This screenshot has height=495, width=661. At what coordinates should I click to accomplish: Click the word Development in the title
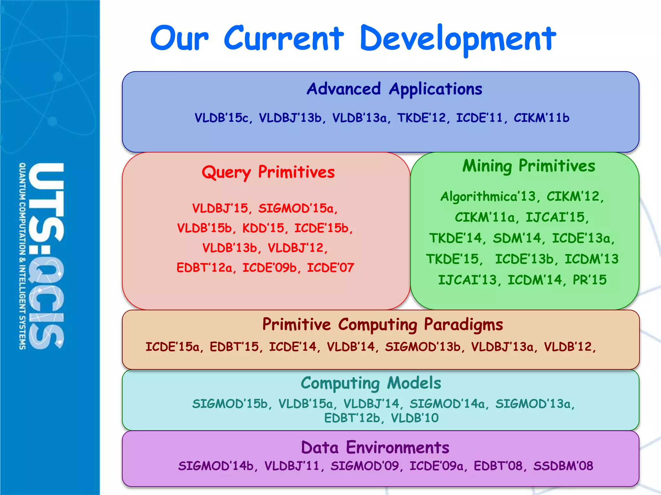[x=458, y=39]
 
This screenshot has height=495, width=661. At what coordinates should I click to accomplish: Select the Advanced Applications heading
[x=394, y=89]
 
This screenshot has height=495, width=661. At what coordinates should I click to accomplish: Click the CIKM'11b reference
[x=541, y=118]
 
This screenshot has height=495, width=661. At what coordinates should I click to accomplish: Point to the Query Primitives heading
[x=268, y=172]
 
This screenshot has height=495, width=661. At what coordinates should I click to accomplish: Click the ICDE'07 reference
[x=330, y=268]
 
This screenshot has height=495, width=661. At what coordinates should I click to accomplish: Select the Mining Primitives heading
[x=528, y=166]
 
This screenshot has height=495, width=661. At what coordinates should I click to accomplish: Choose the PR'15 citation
[x=589, y=280]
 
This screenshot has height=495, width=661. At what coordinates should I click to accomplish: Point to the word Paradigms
[x=463, y=325]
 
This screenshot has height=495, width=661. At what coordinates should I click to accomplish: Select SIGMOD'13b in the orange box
[x=423, y=347]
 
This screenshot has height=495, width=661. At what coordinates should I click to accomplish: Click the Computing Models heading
[x=371, y=383]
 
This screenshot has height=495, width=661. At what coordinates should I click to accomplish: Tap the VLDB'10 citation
[x=415, y=418]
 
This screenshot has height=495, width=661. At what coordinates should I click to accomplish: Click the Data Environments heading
[x=375, y=448]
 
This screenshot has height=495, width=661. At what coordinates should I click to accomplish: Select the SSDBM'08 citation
[x=563, y=466]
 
